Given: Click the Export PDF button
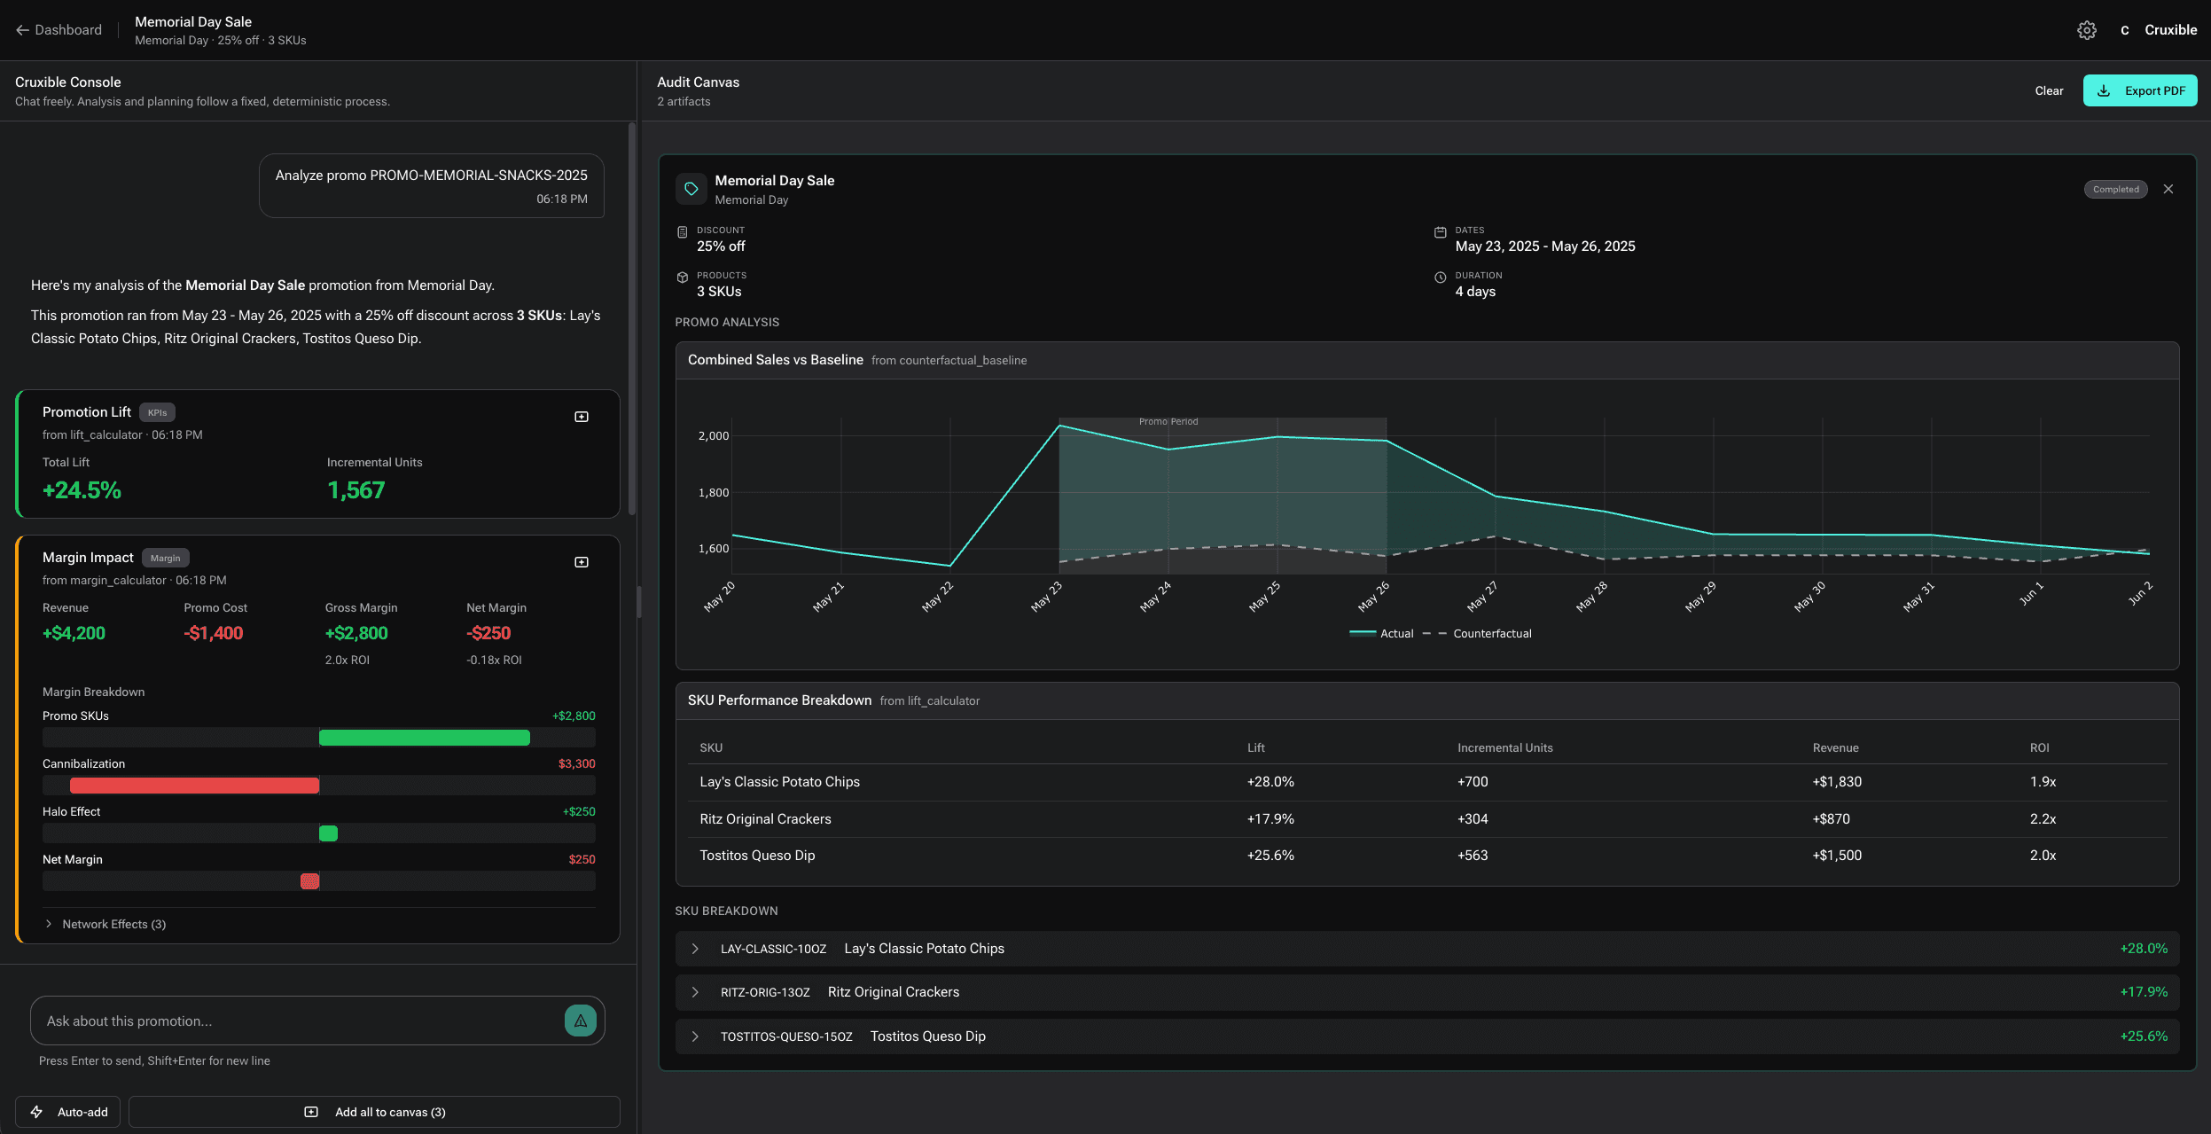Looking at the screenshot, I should click(x=2139, y=90).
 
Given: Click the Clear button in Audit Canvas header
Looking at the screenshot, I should click(x=2048, y=90).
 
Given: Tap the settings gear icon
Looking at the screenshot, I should click(x=2086, y=30).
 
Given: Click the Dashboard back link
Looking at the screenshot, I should click(x=59, y=30).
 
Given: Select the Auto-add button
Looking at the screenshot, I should click(x=70, y=1112).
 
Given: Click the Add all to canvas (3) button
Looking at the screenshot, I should click(x=374, y=1112).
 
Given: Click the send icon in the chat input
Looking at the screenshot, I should click(x=580, y=1021).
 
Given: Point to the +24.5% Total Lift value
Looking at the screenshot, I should click(x=82, y=490).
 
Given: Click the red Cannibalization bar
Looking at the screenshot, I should click(x=194, y=786).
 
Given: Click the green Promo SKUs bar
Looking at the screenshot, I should click(x=424, y=738).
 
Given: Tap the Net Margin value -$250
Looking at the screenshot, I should click(x=488, y=633).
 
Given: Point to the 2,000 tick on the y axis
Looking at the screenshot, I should click(x=713, y=436).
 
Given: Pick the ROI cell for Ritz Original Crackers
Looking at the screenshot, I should click(x=2043, y=819).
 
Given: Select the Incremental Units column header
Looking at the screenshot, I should click(x=1504, y=747).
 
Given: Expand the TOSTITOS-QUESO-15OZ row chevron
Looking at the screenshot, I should click(x=695, y=1036).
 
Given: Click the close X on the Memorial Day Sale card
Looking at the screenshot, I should click(x=2168, y=189).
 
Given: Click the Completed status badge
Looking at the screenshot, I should click(x=2114, y=189).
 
